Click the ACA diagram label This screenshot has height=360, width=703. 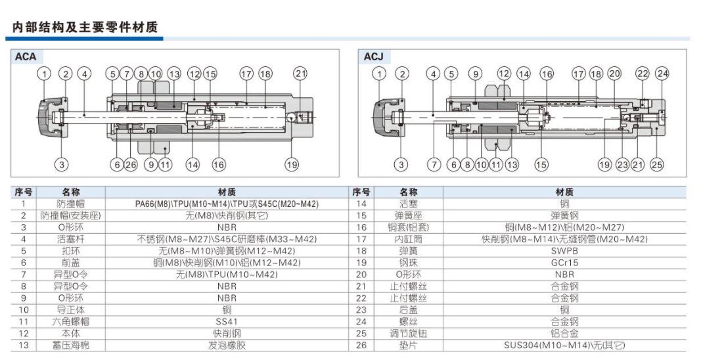tap(26, 57)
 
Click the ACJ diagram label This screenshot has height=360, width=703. tap(373, 57)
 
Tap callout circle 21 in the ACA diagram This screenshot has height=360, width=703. tap(300, 74)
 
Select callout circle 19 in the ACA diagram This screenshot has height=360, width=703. tap(291, 164)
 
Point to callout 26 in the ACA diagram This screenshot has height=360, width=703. tap(131, 164)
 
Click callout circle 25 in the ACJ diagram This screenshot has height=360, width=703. tap(657, 164)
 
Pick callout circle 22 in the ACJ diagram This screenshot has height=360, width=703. tap(642, 74)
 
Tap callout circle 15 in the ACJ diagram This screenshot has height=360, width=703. tap(541, 164)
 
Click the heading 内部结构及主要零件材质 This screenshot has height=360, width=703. tap(85, 27)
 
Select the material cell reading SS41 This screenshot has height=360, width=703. tap(227, 321)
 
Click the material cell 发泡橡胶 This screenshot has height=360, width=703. tap(227, 345)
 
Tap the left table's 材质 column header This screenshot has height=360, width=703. tap(227, 192)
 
